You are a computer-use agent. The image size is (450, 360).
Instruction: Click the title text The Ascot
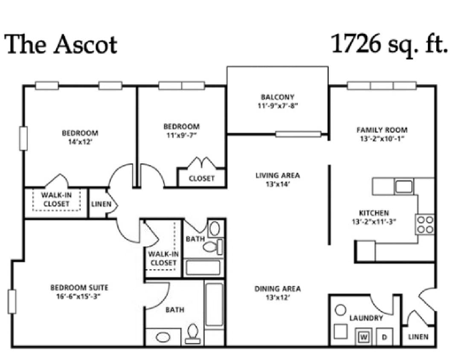click(61, 44)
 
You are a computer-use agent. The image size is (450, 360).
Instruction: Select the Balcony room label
click(278, 97)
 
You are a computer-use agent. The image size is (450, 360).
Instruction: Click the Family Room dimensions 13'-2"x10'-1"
click(382, 138)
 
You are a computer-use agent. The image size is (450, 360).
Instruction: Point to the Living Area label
click(278, 175)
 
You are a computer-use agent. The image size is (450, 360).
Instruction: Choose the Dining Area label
click(278, 289)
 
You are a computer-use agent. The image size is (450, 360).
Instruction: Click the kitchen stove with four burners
click(425, 224)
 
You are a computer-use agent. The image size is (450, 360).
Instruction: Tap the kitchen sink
click(403, 186)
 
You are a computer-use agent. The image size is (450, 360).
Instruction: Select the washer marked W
click(364, 337)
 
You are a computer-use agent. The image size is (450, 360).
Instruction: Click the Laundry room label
click(366, 318)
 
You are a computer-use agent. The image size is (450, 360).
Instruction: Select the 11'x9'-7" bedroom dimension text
click(181, 135)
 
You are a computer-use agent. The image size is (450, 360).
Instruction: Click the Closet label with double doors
click(202, 178)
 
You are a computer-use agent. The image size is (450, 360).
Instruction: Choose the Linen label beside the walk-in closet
click(101, 204)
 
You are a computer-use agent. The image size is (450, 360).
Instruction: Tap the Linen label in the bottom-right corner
click(418, 337)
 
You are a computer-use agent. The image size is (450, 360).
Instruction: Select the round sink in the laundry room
click(340, 310)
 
